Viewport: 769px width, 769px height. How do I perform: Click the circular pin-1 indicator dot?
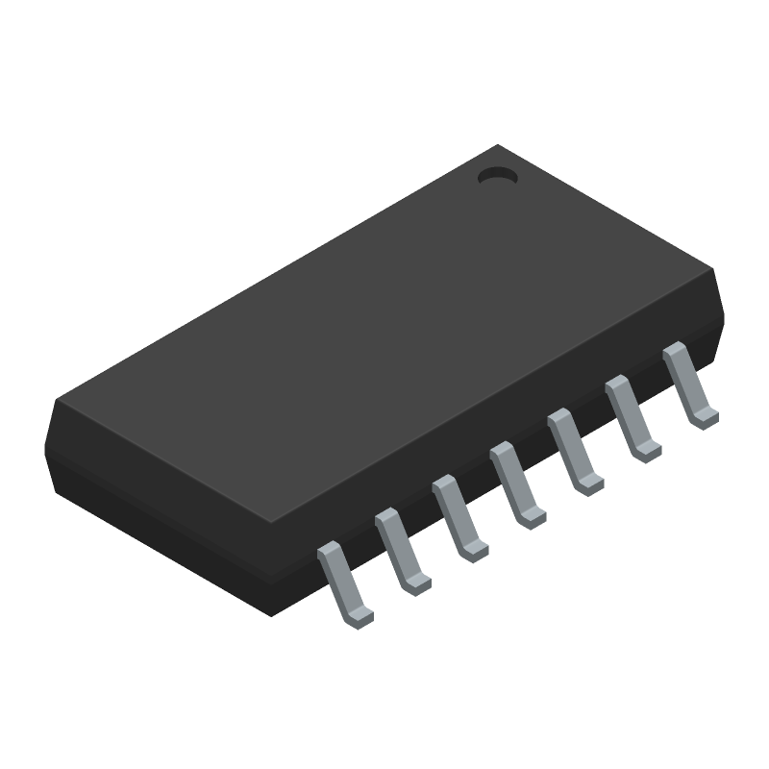[497, 176]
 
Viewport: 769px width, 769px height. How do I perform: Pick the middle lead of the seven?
[515, 483]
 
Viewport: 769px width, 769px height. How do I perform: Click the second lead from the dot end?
[631, 415]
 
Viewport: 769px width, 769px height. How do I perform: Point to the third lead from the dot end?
[573, 449]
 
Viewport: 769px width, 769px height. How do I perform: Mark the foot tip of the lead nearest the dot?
[706, 416]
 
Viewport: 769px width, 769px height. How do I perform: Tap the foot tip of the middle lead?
[533, 518]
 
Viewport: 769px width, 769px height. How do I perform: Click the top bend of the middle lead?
[502, 451]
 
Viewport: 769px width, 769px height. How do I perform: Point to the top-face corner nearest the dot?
[498, 146]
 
